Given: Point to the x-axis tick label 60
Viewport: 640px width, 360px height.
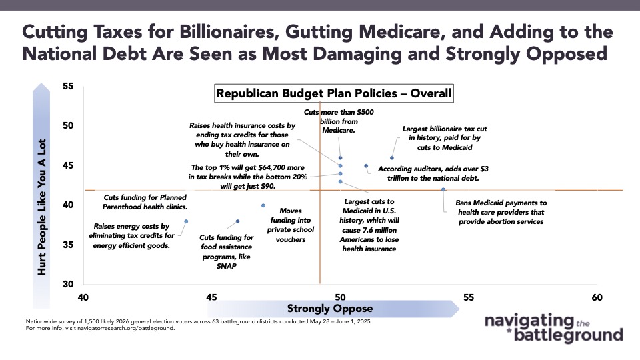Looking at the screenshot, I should [x=597, y=297].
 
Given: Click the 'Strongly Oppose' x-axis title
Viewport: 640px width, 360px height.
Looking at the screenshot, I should [x=320, y=309].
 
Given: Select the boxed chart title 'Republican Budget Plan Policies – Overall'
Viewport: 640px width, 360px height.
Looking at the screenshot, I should [x=333, y=94].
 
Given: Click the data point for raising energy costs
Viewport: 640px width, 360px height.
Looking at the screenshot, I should [x=186, y=221].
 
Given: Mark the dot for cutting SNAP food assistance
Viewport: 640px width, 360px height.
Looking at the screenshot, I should [x=238, y=221].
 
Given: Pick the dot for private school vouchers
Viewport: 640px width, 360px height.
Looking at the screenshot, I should [x=263, y=205].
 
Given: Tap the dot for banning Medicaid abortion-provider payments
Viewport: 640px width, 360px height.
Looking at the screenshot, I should [x=444, y=189].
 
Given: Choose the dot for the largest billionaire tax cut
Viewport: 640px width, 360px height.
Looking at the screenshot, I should [x=392, y=158].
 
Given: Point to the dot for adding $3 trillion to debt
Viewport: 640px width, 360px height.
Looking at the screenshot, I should [x=366, y=166].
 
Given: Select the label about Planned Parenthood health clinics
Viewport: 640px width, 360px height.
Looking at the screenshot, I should [x=144, y=203].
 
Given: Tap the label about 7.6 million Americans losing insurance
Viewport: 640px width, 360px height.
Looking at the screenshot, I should [x=369, y=225].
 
